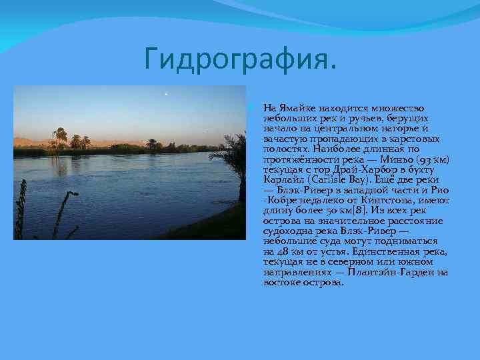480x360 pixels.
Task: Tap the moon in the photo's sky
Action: (x=165, y=95)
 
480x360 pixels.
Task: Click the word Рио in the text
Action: (x=440, y=190)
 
